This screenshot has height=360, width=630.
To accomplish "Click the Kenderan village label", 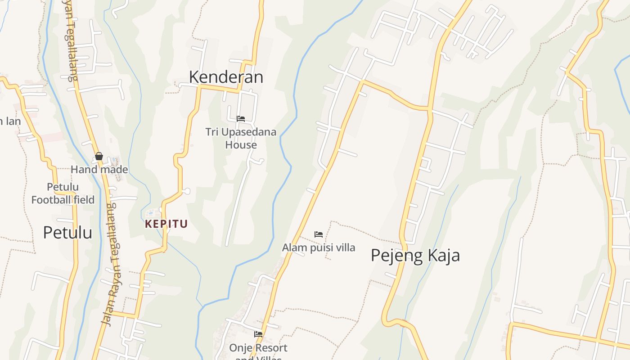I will coord(226,77).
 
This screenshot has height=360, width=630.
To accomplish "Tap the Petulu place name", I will coord(67,232).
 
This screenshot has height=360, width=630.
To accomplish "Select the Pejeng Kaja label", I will coord(415,255).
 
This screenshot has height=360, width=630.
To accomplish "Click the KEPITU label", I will coord(166,224).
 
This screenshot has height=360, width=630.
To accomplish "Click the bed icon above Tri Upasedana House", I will coord(241,119).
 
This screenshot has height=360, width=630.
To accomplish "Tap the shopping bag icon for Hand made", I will coord(99,157).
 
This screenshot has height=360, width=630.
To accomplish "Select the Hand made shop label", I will coord(99,170).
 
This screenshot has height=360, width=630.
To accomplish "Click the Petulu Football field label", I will coord(63,193).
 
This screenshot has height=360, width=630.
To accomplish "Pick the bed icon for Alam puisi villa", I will coord(319,234).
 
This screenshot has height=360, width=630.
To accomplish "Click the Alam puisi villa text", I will coord(319,247).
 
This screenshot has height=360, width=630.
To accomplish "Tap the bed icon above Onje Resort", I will coord(258,334).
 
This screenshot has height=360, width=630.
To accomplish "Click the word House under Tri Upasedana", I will coord(241,145).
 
